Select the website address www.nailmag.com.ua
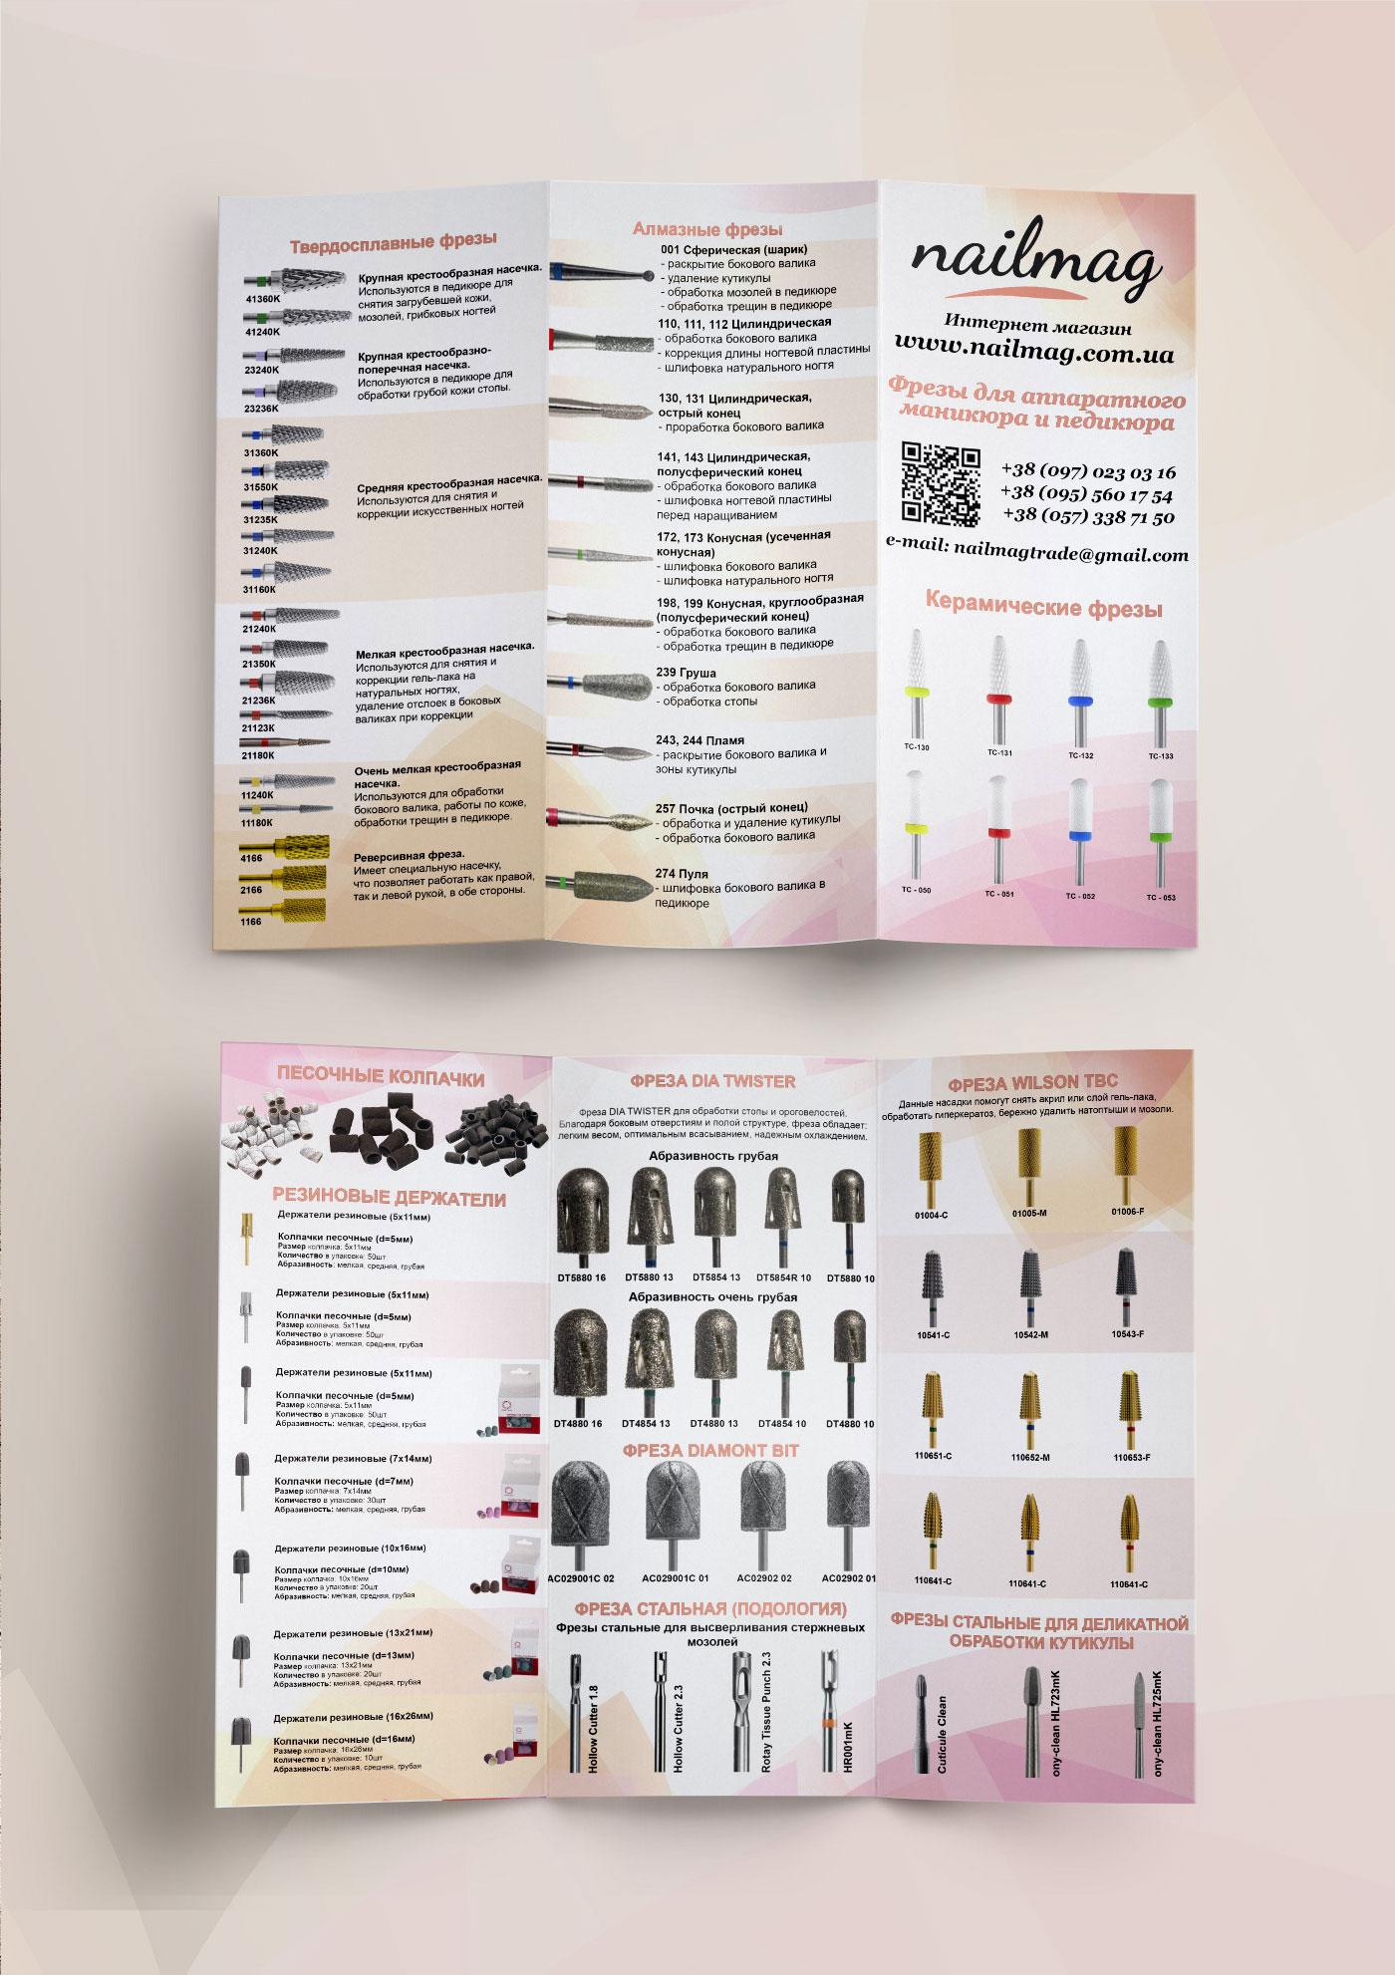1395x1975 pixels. point(1033,349)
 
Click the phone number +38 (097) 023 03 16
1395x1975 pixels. point(1088,470)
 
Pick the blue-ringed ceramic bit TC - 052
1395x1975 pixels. point(1079,832)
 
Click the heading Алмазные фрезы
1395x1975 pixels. point(707,229)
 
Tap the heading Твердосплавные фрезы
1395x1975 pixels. point(393,242)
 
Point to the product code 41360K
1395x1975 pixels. point(263,299)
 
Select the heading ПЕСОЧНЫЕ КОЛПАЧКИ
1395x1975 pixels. point(381,1076)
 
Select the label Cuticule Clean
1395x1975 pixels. point(942,1734)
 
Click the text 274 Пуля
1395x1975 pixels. point(682,874)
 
